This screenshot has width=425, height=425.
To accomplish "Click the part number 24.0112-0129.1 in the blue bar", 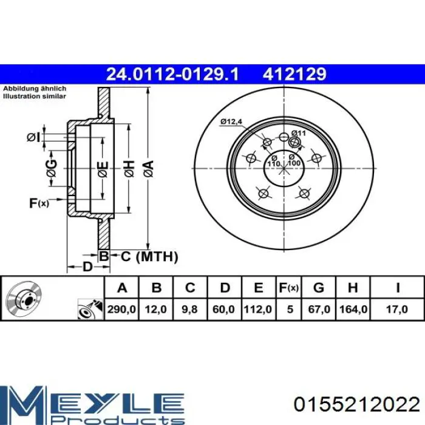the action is pyautogui.click(x=172, y=74).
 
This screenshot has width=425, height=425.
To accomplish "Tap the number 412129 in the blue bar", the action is pyautogui.click(x=294, y=74).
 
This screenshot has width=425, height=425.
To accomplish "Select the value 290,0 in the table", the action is pyautogui.click(x=121, y=309).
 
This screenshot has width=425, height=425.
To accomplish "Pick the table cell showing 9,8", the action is pyautogui.click(x=189, y=309).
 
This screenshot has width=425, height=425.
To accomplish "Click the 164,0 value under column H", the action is pyautogui.click(x=353, y=309).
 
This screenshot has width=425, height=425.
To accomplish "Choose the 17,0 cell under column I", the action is pyautogui.click(x=397, y=309).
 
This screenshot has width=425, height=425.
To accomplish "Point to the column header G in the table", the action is pyautogui.click(x=319, y=288).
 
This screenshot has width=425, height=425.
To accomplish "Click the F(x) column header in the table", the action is pyautogui.click(x=288, y=288).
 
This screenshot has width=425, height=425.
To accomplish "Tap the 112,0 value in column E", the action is pyautogui.click(x=258, y=309).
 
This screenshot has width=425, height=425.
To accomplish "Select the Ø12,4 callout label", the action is pyautogui.click(x=231, y=121).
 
